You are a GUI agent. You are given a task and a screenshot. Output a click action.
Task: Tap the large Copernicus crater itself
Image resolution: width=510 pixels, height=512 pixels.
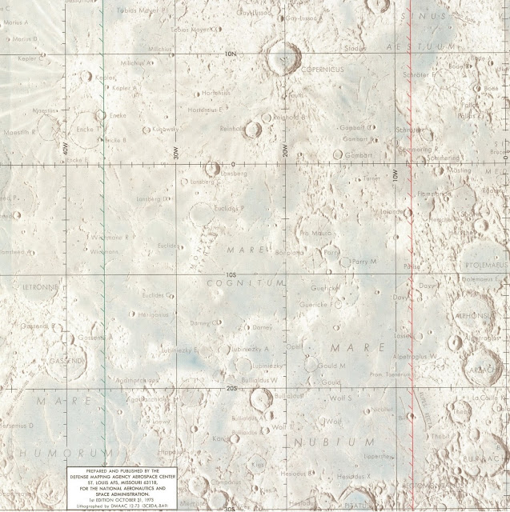click(283, 58)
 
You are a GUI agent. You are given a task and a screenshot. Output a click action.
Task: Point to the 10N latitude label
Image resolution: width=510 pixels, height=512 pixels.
click(232, 54)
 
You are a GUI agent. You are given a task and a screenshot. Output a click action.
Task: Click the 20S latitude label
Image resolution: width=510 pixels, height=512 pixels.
click(232, 389)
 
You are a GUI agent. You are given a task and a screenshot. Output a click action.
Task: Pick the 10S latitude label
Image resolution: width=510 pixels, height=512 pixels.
click(232, 274)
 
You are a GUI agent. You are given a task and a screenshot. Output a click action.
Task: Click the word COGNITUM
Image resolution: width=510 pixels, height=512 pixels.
click(246, 283)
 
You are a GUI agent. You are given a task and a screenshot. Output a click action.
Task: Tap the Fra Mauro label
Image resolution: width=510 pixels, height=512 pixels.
click(314, 233)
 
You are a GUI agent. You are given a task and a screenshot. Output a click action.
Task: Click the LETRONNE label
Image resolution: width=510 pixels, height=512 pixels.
click(18, 286)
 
